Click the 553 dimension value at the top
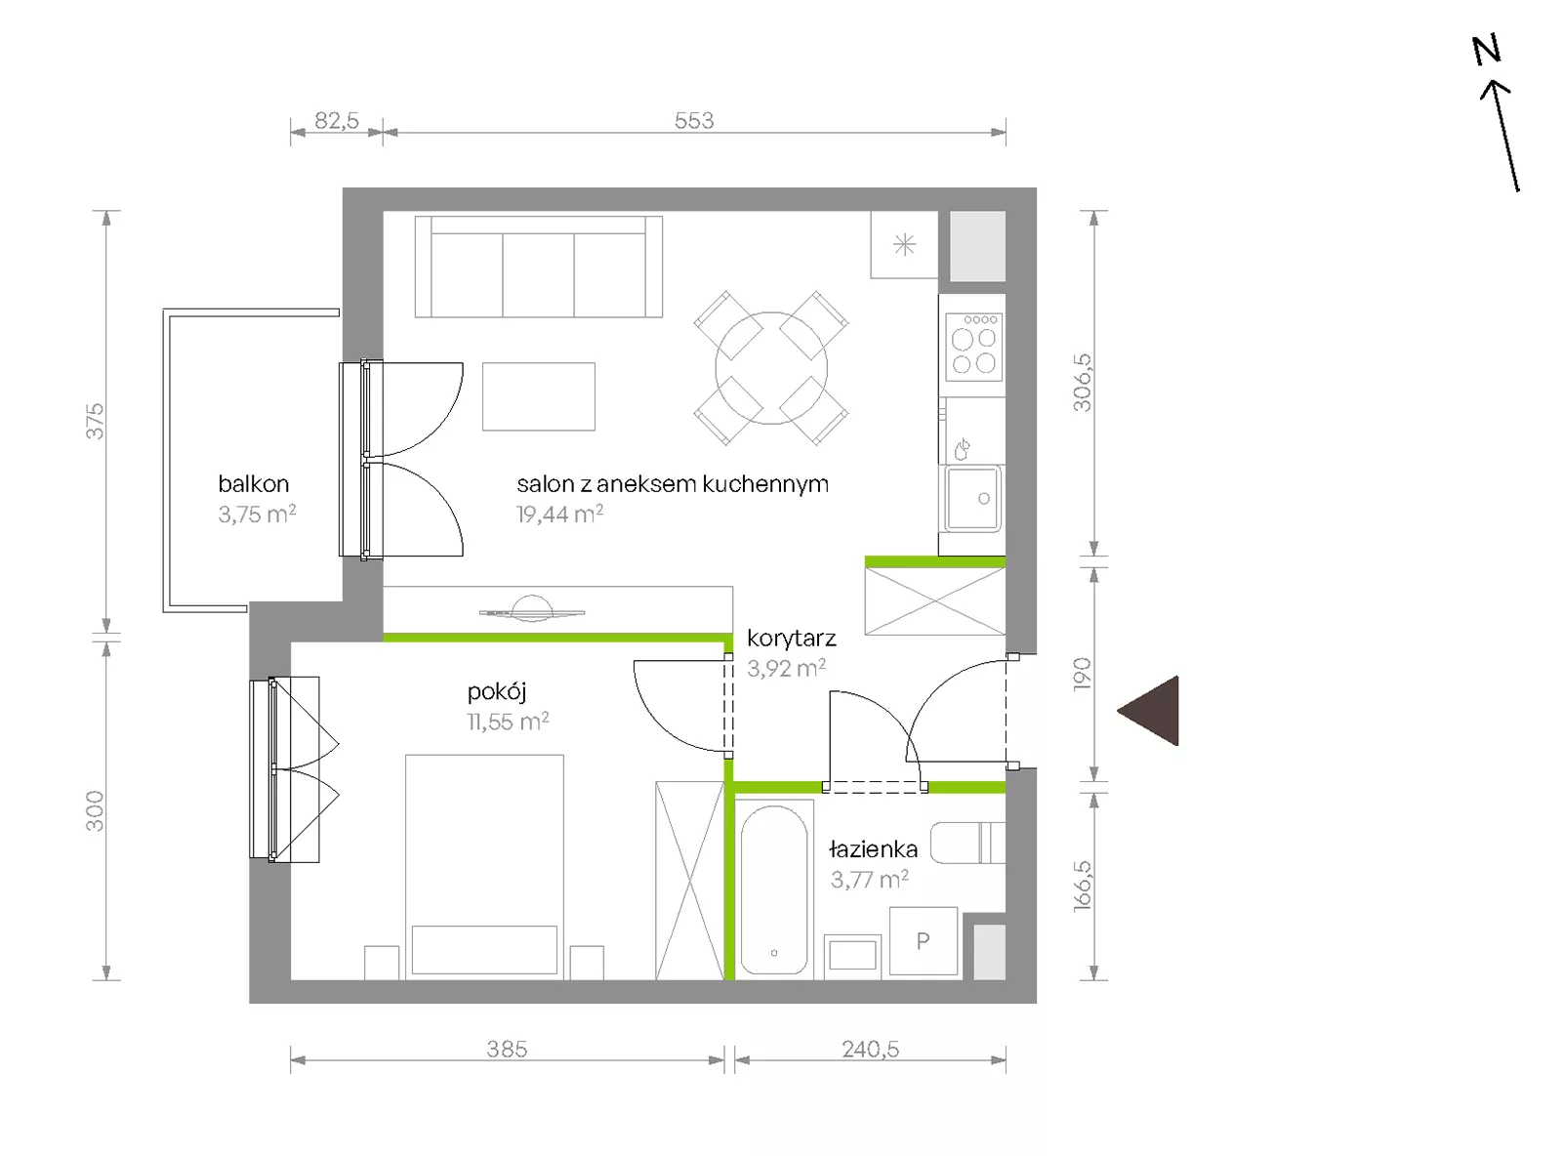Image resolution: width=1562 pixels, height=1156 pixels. coord(694,120)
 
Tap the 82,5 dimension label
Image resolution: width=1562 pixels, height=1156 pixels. coord(337,120)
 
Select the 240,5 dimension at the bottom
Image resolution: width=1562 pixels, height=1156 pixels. coord(871,1050)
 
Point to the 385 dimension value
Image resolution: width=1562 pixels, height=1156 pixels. coord(507,1050)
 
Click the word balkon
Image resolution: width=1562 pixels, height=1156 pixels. coord(254,484)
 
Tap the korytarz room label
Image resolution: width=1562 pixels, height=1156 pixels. coord(792,639)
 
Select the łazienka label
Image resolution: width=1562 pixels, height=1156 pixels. coord(873,849)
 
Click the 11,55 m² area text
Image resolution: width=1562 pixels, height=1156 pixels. coord(508,722)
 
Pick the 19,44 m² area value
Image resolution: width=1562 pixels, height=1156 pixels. coord(559,515)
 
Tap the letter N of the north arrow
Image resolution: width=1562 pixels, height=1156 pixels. coord(1487,50)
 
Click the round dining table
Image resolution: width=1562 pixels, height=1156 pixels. coord(771,368)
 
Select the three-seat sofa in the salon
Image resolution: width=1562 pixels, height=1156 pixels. coord(539,267)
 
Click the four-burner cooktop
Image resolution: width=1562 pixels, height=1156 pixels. coord(974,347)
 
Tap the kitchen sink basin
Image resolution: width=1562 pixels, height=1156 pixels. coord(973,499)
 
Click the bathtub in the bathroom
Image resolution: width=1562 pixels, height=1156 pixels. coord(774,889)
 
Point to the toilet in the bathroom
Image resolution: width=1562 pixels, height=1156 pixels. coord(967,843)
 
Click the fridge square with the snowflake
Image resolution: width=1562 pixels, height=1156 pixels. coord(904,244)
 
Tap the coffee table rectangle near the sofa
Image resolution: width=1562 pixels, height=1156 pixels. coord(539,396)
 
